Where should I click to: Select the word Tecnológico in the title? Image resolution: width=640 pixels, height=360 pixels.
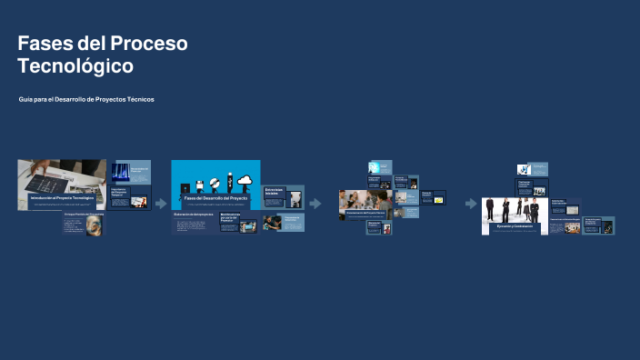75,66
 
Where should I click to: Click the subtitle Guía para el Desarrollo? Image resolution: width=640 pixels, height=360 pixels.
86,99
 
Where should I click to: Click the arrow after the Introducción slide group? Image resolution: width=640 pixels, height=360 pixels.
161,204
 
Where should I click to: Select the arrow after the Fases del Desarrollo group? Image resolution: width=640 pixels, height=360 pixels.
315,204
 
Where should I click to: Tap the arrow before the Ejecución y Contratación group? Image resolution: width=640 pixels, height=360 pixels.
471,204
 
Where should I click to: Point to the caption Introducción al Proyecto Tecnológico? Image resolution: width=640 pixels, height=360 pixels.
62,197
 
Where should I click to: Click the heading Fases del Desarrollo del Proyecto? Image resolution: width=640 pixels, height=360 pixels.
215,197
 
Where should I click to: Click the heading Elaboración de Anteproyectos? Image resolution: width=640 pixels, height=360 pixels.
194,215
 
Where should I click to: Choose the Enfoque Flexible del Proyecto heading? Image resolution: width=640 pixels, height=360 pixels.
84,215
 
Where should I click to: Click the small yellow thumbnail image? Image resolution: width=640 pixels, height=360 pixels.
438,199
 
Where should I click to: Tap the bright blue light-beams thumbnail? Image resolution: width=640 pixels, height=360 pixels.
120,171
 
